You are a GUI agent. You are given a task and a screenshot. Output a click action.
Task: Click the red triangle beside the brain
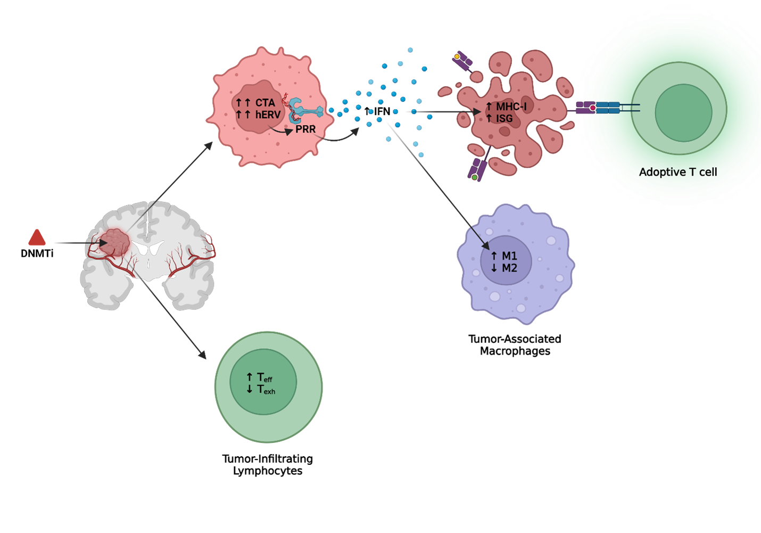pyautogui.click(x=37, y=239)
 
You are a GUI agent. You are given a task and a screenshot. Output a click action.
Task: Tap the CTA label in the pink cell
pyautogui.click(x=265, y=103)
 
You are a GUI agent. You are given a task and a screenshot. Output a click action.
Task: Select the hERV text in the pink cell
pyautogui.click(x=268, y=114)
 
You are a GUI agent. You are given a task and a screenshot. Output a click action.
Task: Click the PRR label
pyautogui.click(x=305, y=129)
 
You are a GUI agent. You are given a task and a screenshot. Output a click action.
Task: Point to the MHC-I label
pyautogui.click(x=511, y=107)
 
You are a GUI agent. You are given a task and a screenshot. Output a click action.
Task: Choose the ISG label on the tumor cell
pyautogui.click(x=504, y=119)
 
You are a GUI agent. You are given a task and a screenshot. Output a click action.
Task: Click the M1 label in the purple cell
pyautogui.click(x=509, y=256)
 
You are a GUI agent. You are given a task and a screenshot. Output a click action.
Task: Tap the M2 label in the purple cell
pyautogui.click(x=509, y=268)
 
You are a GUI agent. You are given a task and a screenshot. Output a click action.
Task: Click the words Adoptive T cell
pyautogui.click(x=678, y=172)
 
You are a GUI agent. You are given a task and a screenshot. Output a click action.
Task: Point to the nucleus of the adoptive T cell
pyautogui.click(x=683, y=112)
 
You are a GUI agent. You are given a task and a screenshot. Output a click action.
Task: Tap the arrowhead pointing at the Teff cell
pyautogui.click(x=202, y=355)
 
